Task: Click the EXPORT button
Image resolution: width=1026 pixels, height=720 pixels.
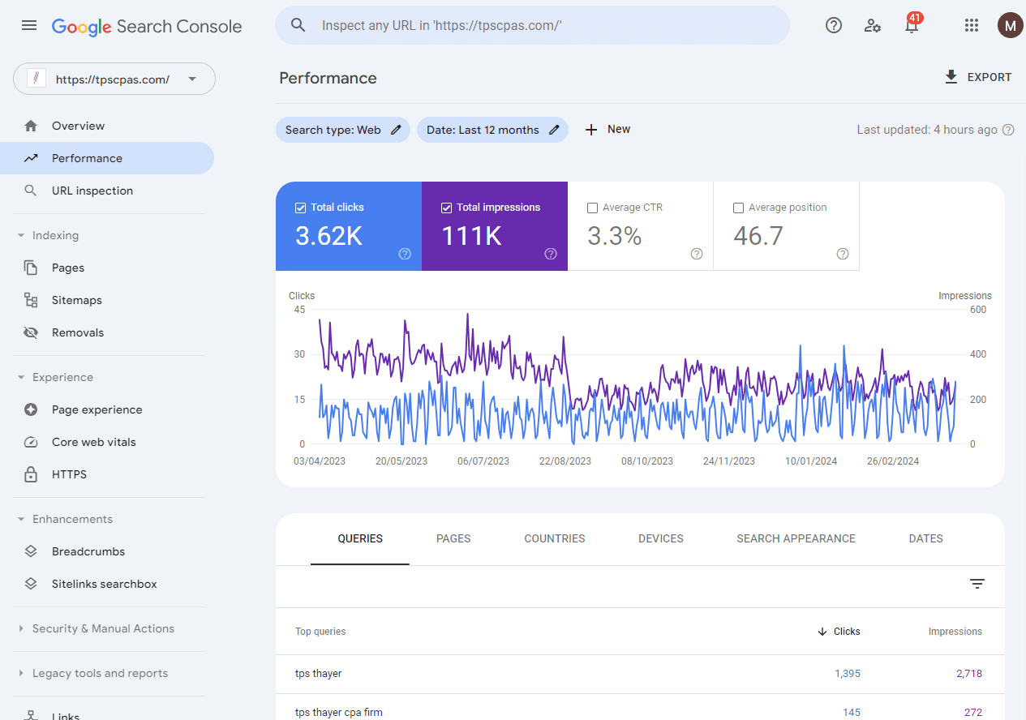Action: [x=978, y=77]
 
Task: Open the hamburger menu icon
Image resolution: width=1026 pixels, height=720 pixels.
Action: [x=29, y=26]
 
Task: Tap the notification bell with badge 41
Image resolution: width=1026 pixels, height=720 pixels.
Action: [x=912, y=26]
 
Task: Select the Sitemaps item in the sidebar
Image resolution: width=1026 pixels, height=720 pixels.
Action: [x=76, y=300]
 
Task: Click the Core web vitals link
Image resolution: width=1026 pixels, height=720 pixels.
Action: [x=93, y=442]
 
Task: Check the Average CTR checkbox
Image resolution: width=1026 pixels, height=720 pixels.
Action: [x=592, y=208]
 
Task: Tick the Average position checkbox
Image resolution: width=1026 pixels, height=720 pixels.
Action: [x=738, y=208]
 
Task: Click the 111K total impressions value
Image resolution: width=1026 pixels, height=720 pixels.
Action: [x=471, y=236]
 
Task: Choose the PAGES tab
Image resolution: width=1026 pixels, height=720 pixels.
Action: [x=453, y=538]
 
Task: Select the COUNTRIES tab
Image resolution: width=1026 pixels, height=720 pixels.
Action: [x=555, y=538]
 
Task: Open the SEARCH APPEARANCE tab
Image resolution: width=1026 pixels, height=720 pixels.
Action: [x=796, y=538]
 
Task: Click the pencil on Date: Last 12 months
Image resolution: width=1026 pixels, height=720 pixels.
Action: [x=554, y=130]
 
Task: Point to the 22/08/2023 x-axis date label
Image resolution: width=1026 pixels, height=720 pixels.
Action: [x=565, y=461]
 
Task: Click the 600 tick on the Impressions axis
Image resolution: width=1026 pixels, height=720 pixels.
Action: [x=977, y=310]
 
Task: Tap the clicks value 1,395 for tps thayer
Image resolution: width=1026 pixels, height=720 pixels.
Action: [x=847, y=674]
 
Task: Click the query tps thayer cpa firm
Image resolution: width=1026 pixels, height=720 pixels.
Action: [x=339, y=712]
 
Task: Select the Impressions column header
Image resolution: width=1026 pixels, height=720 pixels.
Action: [x=955, y=632]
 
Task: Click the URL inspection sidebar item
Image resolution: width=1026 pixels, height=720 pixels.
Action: [x=92, y=191]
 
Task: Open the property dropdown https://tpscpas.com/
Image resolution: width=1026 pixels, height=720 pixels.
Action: [x=114, y=79]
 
